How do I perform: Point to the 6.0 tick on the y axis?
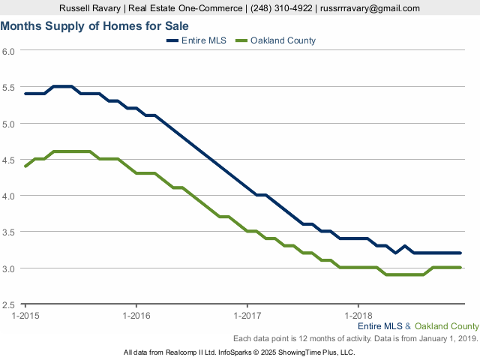[9, 51]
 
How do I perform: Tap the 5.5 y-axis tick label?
[9, 87]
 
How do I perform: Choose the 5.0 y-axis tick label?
[9, 123]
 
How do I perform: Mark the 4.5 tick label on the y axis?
[9, 160]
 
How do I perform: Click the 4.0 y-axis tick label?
[9, 196]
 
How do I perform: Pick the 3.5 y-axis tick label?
[9, 232]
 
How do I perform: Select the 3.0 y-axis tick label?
[9, 268]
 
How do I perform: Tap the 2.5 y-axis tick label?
[9, 304]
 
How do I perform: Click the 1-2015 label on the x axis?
[25, 316]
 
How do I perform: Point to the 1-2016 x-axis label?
[136, 316]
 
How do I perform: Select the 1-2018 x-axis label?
[358, 316]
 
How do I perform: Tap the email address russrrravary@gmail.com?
[370, 8]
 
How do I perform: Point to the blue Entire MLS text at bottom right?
[379, 326]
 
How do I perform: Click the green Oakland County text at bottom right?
[446, 326]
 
